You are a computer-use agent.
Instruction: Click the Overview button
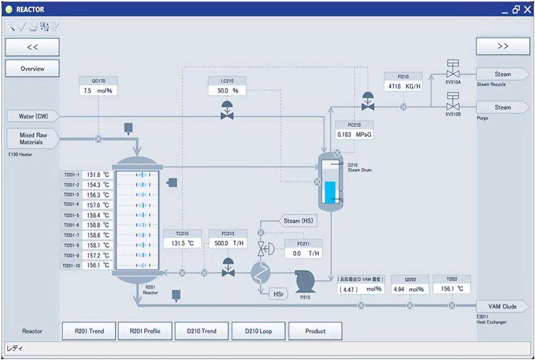click(x=32, y=69)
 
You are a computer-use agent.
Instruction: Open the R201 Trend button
click(x=89, y=331)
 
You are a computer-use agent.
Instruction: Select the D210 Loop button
click(x=258, y=331)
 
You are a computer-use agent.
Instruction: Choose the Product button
click(x=315, y=331)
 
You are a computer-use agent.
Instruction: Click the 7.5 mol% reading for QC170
click(x=98, y=91)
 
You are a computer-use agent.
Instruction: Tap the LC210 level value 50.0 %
click(x=227, y=91)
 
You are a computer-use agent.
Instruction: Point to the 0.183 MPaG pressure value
click(x=354, y=134)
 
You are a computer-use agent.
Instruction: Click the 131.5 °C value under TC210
click(x=182, y=243)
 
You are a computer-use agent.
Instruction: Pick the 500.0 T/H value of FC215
click(x=227, y=243)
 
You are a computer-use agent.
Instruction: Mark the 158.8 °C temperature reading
click(x=98, y=225)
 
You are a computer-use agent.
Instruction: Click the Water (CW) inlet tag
click(x=33, y=117)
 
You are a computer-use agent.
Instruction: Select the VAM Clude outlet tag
click(x=502, y=306)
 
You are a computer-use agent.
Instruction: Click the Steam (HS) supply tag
click(x=298, y=221)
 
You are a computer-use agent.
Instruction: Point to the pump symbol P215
click(x=305, y=281)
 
